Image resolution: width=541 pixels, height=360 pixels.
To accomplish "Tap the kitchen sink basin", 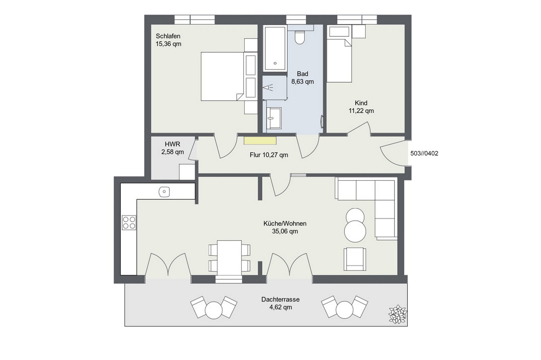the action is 164,192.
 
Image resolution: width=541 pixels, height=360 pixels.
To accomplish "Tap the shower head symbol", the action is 268,88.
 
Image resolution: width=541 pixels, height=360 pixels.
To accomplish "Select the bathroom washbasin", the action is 274,118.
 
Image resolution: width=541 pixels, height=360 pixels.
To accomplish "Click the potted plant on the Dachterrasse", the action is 398,314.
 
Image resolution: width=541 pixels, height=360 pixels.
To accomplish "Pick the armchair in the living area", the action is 355,259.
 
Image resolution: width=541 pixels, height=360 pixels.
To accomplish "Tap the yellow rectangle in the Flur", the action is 260,141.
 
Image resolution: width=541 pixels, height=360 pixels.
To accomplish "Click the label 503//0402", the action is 424,153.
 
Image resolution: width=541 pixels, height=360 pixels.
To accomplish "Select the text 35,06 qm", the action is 285,231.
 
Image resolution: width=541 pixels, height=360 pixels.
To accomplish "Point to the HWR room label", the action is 172,144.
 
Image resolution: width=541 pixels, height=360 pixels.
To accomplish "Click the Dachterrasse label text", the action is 280,299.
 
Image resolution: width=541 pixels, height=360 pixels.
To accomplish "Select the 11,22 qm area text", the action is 361,111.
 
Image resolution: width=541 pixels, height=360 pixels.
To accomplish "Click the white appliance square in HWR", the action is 187,172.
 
